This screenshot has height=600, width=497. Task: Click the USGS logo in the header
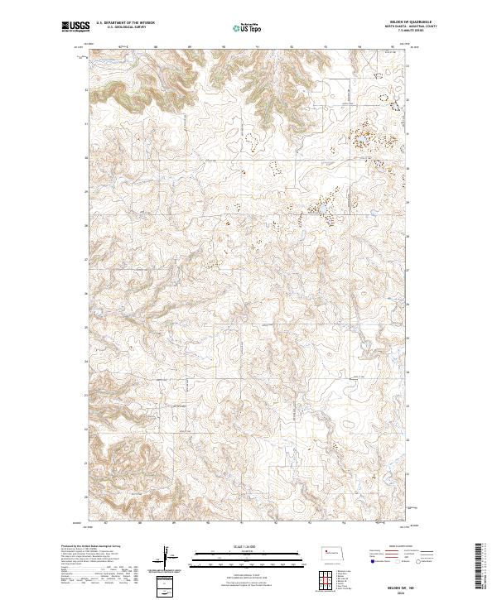click(x=75, y=26)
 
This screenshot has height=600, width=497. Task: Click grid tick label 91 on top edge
click(x=258, y=46)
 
